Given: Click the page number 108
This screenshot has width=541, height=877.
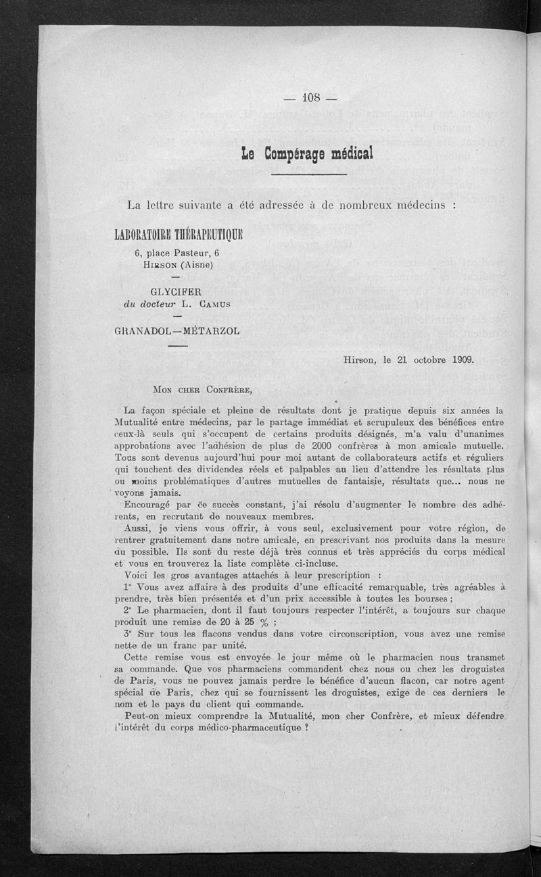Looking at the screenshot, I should tap(310, 97).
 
